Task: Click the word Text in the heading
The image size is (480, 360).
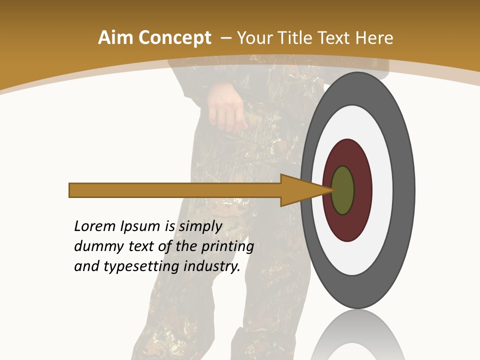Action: (336, 38)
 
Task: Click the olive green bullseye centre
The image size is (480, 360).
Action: (343, 190)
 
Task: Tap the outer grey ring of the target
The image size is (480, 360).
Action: (404, 190)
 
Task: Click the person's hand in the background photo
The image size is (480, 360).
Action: (226, 107)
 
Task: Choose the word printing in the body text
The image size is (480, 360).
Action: (227, 247)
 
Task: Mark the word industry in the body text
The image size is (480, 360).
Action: (212, 267)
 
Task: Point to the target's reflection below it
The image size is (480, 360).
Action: (358, 335)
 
